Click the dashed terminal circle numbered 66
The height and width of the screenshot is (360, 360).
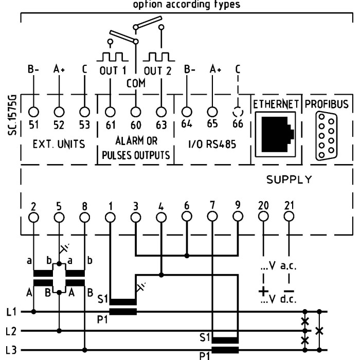[x=237, y=111]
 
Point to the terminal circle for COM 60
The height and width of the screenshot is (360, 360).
[x=135, y=111]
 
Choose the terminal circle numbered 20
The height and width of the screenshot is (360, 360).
[x=263, y=217]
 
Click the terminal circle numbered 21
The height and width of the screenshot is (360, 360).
[x=289, y=217]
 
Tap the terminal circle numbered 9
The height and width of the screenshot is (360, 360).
[x=237, y=217]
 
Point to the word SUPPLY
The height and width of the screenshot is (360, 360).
[x=289, y=180]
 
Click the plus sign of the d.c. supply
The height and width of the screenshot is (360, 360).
[x=263, y=292]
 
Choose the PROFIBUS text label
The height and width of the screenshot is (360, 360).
[x=326, y=103]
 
